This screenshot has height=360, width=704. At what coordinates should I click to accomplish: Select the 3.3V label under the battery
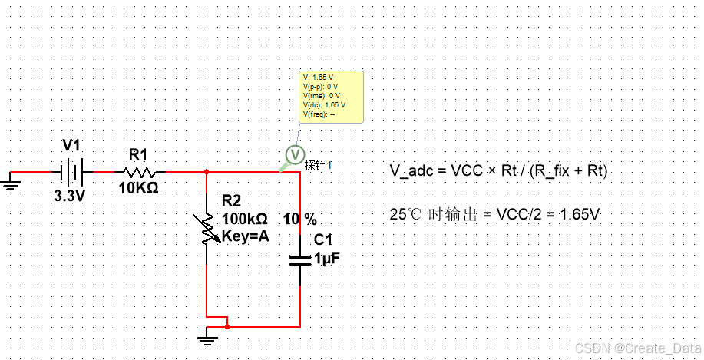tap(69, 197)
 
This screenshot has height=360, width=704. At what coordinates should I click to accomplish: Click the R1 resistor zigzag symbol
tap(140, 172)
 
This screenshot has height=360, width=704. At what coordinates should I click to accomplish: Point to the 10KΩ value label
tap(139, 187)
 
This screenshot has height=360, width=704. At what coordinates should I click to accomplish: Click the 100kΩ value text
tap(245, 219)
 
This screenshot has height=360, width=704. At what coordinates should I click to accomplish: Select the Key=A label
tap(245, 236)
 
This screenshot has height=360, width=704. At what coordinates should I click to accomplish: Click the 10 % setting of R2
tap(300, 220)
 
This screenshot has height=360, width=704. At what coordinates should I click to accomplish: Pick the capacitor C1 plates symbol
tap(300, 260)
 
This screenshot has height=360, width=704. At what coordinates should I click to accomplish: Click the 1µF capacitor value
tap(327, 259)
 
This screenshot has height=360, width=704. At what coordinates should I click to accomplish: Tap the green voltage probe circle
tap(295, 154)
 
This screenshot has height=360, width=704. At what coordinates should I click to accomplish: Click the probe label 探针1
tap(319, 165)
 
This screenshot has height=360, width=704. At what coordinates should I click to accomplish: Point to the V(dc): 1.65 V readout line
tap(324, 105)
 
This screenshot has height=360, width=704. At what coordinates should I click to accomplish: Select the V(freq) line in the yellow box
tap(319, 114)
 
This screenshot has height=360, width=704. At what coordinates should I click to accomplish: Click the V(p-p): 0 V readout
tap(320, 87)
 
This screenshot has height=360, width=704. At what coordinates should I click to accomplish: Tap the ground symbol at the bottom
tap(207, 337)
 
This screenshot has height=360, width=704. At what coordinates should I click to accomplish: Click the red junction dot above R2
tap(207, 171)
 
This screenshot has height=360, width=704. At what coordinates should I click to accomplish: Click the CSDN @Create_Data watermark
tap(638, 348)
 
